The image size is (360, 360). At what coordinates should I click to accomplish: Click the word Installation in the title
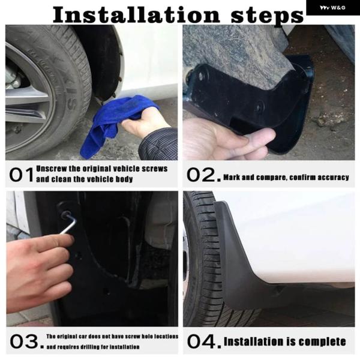[x=136, y=14]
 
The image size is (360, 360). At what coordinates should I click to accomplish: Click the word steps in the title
[x=267, y=16]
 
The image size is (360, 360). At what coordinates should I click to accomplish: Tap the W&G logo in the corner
[x=332, y=8]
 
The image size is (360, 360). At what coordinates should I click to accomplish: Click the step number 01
[x=22, y=175]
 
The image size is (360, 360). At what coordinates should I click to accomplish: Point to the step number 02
[x=203, y=175]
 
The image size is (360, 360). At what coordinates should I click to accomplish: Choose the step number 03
[x=26, y=341]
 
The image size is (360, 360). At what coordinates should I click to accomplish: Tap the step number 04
[x=204, y=341]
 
